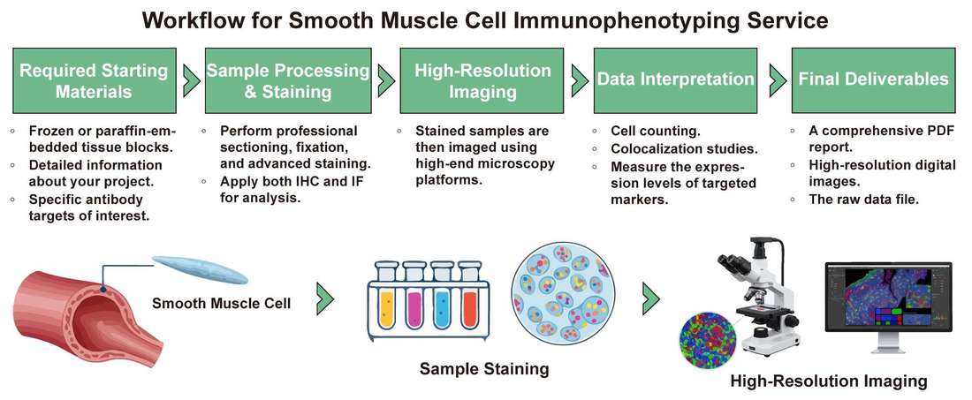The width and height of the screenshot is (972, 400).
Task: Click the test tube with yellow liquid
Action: coord(385,300)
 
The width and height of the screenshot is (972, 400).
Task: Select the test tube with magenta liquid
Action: coord(414,300)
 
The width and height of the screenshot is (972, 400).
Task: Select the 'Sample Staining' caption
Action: coord(484,367)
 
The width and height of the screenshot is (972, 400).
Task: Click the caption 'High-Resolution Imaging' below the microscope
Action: coord(828,381)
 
